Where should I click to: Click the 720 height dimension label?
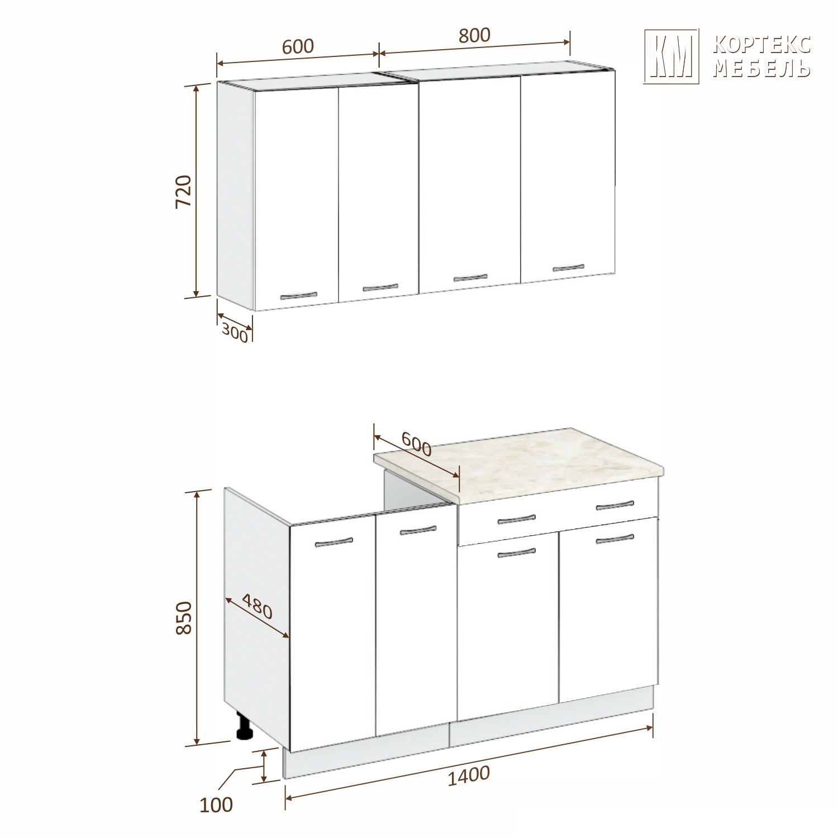coord(184,192)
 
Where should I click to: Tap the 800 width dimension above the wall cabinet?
coord(474,35)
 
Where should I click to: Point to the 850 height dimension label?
coord(184,617)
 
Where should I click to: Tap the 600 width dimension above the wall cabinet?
coord(298,46)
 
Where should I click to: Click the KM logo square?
coord(672,56)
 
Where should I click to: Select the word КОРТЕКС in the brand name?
coord(762,45)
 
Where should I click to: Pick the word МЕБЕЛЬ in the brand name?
coord(762,68)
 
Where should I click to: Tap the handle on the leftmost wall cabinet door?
coord(298,296)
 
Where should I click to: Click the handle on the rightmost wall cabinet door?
coord(568,267)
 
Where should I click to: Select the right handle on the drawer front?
coord(615,506)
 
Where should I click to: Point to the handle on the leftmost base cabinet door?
coord(334,541)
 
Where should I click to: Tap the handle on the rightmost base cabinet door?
coord(615,539)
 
